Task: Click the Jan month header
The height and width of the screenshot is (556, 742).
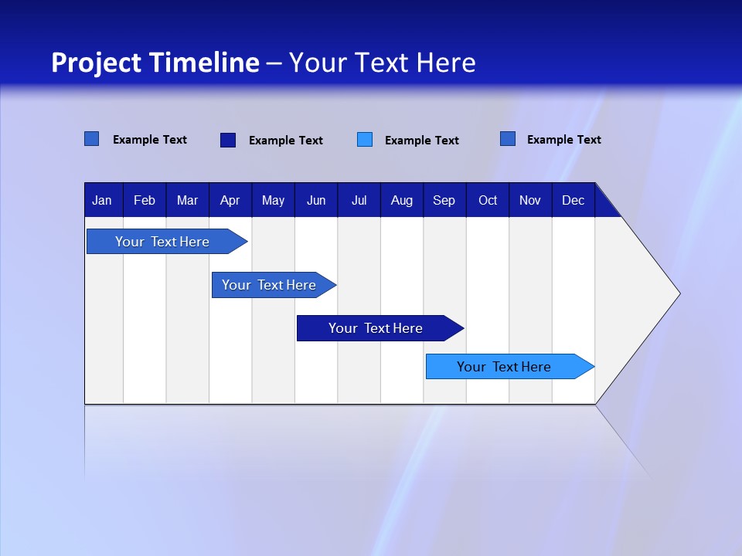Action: pos(102,201)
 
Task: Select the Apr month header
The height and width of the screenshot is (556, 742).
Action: pos(230,201)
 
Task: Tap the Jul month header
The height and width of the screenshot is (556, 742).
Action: pos(359,201)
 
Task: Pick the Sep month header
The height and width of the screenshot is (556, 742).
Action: pos(444,201)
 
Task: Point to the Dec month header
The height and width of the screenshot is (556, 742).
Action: pos(573,201)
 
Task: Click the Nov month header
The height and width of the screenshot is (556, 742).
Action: pos(529,201)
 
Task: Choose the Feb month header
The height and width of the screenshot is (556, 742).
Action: pos(145,201)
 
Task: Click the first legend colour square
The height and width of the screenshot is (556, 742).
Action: pos(91,139)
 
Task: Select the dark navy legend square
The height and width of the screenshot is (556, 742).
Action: pos(227,140)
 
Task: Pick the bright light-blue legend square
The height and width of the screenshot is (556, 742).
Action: pos(365,140)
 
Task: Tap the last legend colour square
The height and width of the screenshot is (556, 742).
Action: pos(507,139)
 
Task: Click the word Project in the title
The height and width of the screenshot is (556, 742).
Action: pos(97,63)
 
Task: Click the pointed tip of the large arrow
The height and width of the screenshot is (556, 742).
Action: pos(677,293)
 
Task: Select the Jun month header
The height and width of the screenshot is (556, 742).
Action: pos(316,201)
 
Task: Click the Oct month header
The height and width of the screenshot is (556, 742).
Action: pos(488,201)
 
